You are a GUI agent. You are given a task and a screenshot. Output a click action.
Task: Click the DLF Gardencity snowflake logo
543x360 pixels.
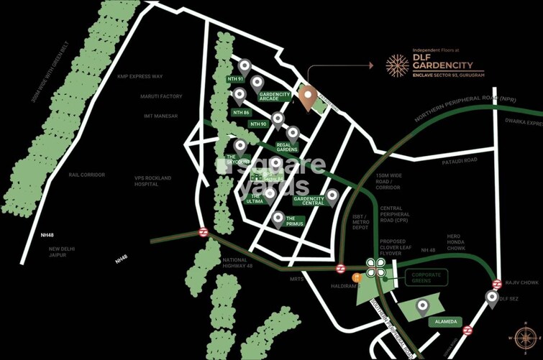[396, 65]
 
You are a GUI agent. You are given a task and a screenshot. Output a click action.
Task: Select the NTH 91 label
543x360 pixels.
[234, 78]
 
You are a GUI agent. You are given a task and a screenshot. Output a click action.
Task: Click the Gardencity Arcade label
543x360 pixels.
[274, 98]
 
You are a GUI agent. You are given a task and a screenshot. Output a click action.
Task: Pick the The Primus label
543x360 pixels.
[295, 222]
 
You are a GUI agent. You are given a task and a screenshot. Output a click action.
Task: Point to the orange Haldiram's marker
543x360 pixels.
[355, 277]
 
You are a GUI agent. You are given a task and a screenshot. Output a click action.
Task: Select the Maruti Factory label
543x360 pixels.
[162, 96]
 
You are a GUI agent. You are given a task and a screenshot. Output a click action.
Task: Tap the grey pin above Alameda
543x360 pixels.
[422, 307]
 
